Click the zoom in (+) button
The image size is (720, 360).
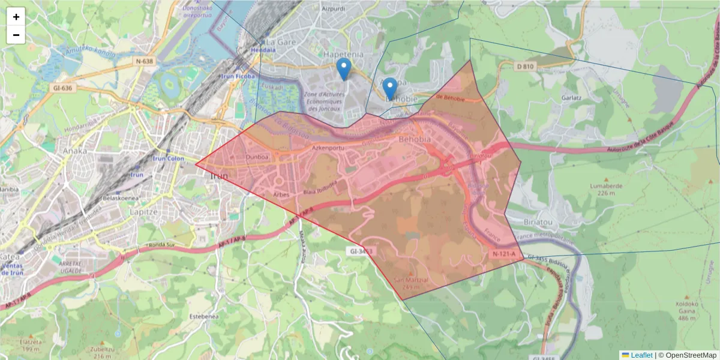(16, 17)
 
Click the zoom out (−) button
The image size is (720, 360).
(16, 35)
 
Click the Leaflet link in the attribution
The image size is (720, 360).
(641, 355)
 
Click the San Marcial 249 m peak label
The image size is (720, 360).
(411, 283)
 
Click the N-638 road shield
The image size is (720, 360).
(145, 61)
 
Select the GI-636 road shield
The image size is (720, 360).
(62, 88)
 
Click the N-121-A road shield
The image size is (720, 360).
(503, 254)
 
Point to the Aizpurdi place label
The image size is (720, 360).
(334, 10)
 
